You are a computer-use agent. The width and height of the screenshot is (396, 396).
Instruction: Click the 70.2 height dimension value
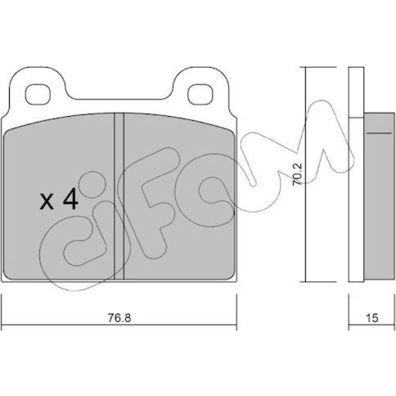297,174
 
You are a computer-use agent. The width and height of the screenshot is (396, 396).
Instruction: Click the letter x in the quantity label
47,201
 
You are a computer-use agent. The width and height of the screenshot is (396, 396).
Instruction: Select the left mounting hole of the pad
38,94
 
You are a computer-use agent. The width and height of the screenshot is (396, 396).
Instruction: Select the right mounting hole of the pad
200,94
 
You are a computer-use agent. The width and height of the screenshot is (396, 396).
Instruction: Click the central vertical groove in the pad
119,196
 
